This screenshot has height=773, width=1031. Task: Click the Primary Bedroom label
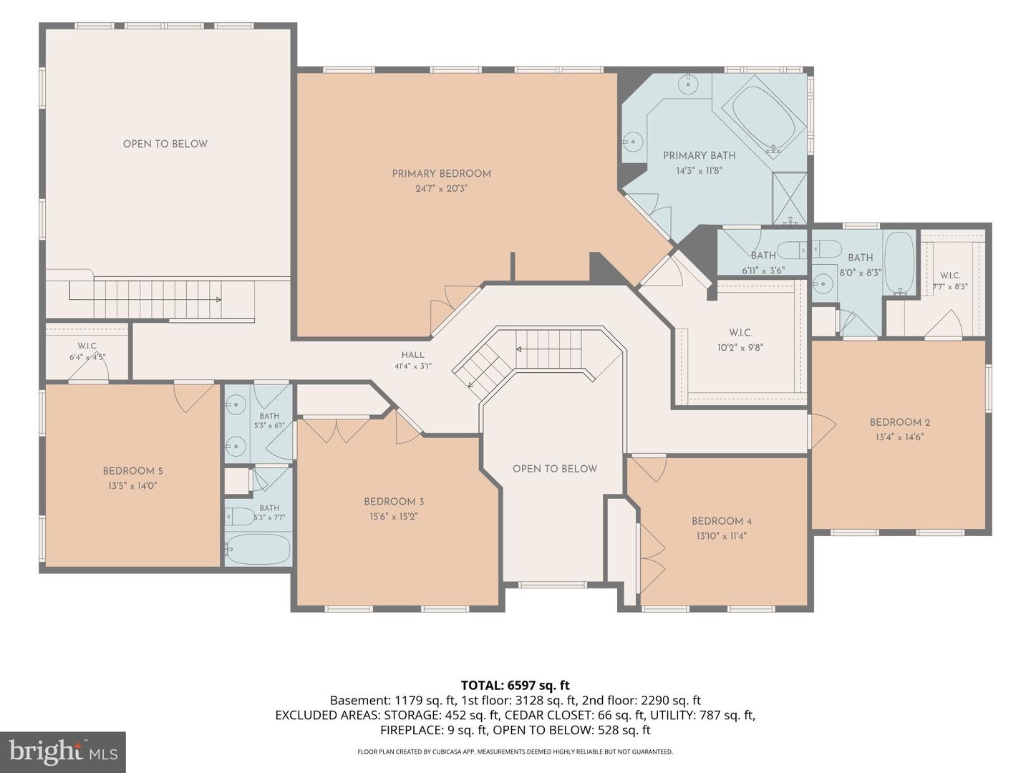(441, 174)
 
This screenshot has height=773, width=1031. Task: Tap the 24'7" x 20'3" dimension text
(442, 189)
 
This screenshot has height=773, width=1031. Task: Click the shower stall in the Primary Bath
(790, 198)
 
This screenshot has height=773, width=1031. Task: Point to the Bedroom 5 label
(133, 471)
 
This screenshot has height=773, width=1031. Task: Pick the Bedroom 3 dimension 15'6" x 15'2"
(394, 517)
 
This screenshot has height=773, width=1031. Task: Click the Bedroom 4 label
(722, 521)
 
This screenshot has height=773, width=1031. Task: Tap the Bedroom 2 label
(899, 422)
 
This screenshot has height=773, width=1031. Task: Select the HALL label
(413, 355)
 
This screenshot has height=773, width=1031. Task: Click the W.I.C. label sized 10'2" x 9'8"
(740, 333)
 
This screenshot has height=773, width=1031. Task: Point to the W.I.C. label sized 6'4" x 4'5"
(87, 346)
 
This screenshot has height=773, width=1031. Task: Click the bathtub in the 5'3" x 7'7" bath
(257, 549)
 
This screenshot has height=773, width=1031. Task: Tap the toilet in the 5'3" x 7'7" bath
(240, 517)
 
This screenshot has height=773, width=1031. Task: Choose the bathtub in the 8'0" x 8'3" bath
(899, 263)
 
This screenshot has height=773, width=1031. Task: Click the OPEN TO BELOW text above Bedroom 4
(555, 468)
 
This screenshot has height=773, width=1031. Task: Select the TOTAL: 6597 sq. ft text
(515, 685)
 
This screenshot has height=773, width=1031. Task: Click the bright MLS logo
(63, 752)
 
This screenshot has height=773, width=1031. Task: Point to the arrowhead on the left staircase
(218, 299)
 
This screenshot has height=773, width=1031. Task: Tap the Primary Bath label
(699, 155)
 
